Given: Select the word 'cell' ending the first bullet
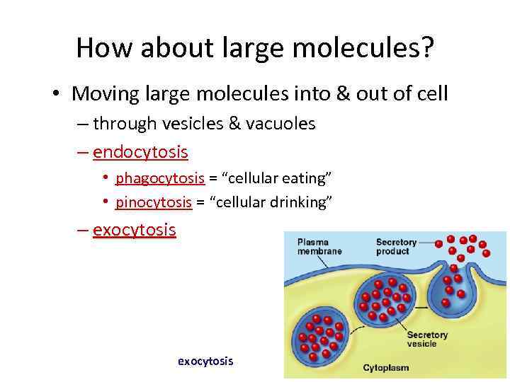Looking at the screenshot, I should tap(430, 93).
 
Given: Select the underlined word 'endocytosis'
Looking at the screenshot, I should tap(140, 152).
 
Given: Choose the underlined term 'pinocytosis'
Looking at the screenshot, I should tap(154, 203).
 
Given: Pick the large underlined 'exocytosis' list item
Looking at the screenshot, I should tap(135, 231).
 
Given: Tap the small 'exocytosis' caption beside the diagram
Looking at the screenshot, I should tap(205, 361).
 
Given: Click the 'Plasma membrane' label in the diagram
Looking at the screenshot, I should tap(319, 246).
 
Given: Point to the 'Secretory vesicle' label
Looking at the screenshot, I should tap(427, 340).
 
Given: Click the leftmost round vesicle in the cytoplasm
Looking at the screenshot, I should tap(321, 337).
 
